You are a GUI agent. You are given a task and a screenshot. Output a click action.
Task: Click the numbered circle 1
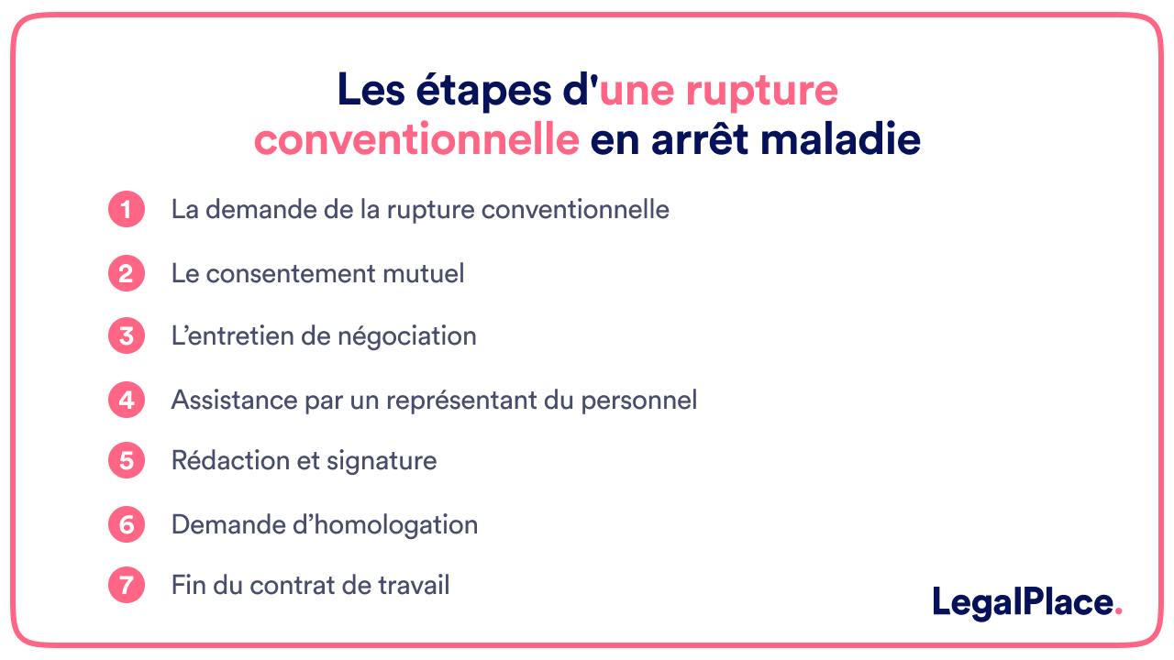pyautogui.click(x=127, y=209)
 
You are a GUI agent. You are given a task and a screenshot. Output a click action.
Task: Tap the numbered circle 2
pyautogui.click(x=127, y=273)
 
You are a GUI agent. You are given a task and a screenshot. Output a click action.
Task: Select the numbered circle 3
pyautogui.click(x=127, y=335)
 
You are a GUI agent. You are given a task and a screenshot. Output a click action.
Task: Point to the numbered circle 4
pyautogui.click(x=127, y=400)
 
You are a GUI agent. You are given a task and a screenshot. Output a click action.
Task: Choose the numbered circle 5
pyautogui.click(x=127, y=460)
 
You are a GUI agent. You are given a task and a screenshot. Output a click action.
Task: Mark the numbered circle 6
pyautogui.click(x=127, y=524)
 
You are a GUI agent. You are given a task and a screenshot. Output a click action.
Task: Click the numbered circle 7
pyautogui.click(x=127, y=585)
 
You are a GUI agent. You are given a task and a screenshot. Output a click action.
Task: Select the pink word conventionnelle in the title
pyautogui.click(x=416, y=141)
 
